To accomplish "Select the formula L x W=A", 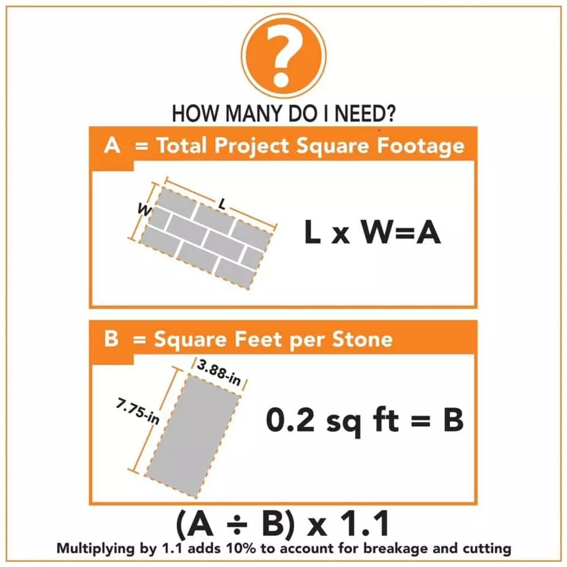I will [x=372, y=234].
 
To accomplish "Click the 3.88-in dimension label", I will [x=218, y=373].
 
